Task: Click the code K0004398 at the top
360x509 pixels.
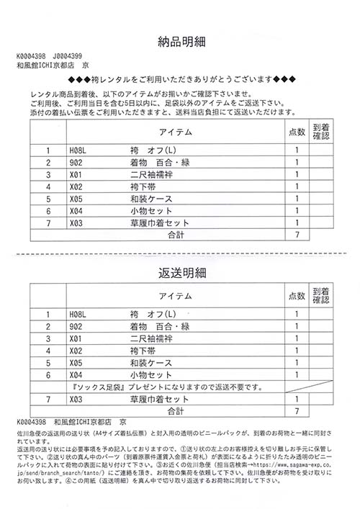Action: (x=31, y=55)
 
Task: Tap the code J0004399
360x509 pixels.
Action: (x=67, y=55)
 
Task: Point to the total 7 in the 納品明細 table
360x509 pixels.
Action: (x=297, y=235)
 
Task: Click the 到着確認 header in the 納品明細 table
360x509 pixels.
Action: (x=321, y=132)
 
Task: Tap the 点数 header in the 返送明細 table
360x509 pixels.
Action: (x=297, y=296)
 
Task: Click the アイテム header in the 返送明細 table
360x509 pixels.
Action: (x=175, y=296)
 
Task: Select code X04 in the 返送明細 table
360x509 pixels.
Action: (x=77, y=375)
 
